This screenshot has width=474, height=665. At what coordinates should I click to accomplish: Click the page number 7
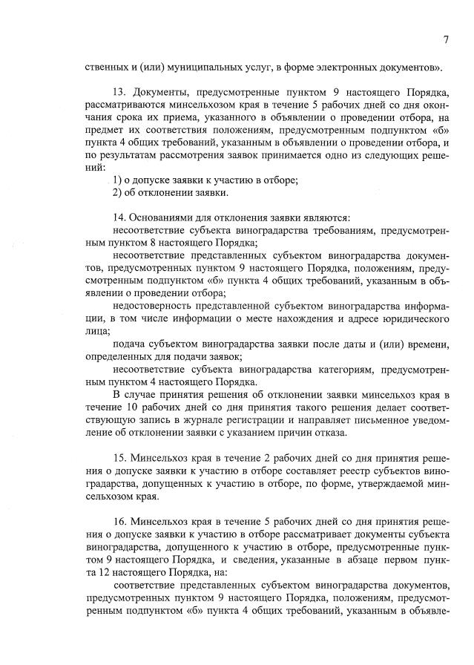pos(447,39)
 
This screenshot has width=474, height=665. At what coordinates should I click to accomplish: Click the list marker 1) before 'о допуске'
pos(117,180)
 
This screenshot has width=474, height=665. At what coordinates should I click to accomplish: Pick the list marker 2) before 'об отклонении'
pos(117,193)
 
